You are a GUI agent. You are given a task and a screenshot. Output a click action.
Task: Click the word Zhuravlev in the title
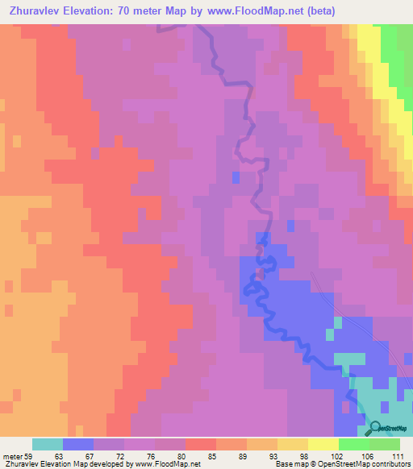pyautogui.click(x=43, y=11)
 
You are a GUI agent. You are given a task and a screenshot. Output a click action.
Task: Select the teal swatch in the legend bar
pyautogui.click(x=47, y=444)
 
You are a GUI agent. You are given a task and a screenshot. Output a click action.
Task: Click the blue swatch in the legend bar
pyautogui.click(x=78, y=444)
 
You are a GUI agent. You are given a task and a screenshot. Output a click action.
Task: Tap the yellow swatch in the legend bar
pyautogui.click(x=292, y=444)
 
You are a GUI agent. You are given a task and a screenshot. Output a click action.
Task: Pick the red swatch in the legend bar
pyautogui.click(x=201, y=444)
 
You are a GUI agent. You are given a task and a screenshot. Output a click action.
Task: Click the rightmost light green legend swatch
pyautogui.click(x=385, y=444)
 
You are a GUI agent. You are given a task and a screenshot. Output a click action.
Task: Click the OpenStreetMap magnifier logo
pyautogui.click(x=376, y=428)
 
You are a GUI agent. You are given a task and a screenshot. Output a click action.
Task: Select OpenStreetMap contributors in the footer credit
pyautogui.click(x=367, y=464)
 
